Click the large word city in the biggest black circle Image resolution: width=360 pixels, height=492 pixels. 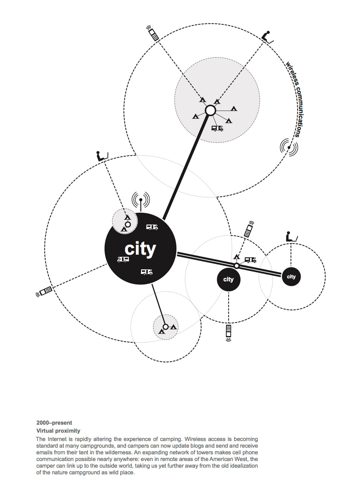(140, 249)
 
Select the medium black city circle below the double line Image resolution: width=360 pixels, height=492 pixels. (228, 279)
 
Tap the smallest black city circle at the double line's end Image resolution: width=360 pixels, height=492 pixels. (291, 277)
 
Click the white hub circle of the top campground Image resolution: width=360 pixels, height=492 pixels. (210, 110)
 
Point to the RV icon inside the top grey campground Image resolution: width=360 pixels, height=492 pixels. (218, 128)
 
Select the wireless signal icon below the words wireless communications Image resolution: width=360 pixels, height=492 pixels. (289, 147)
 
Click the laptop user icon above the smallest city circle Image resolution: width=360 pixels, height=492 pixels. (291, 236)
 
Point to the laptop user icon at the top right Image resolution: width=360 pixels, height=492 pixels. (267, 36)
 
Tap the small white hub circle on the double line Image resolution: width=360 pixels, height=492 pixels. (236, 266)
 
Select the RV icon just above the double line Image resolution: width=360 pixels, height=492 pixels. (250, 260)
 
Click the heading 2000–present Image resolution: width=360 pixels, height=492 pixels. (54, 423)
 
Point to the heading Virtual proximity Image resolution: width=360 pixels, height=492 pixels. (58, 430)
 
